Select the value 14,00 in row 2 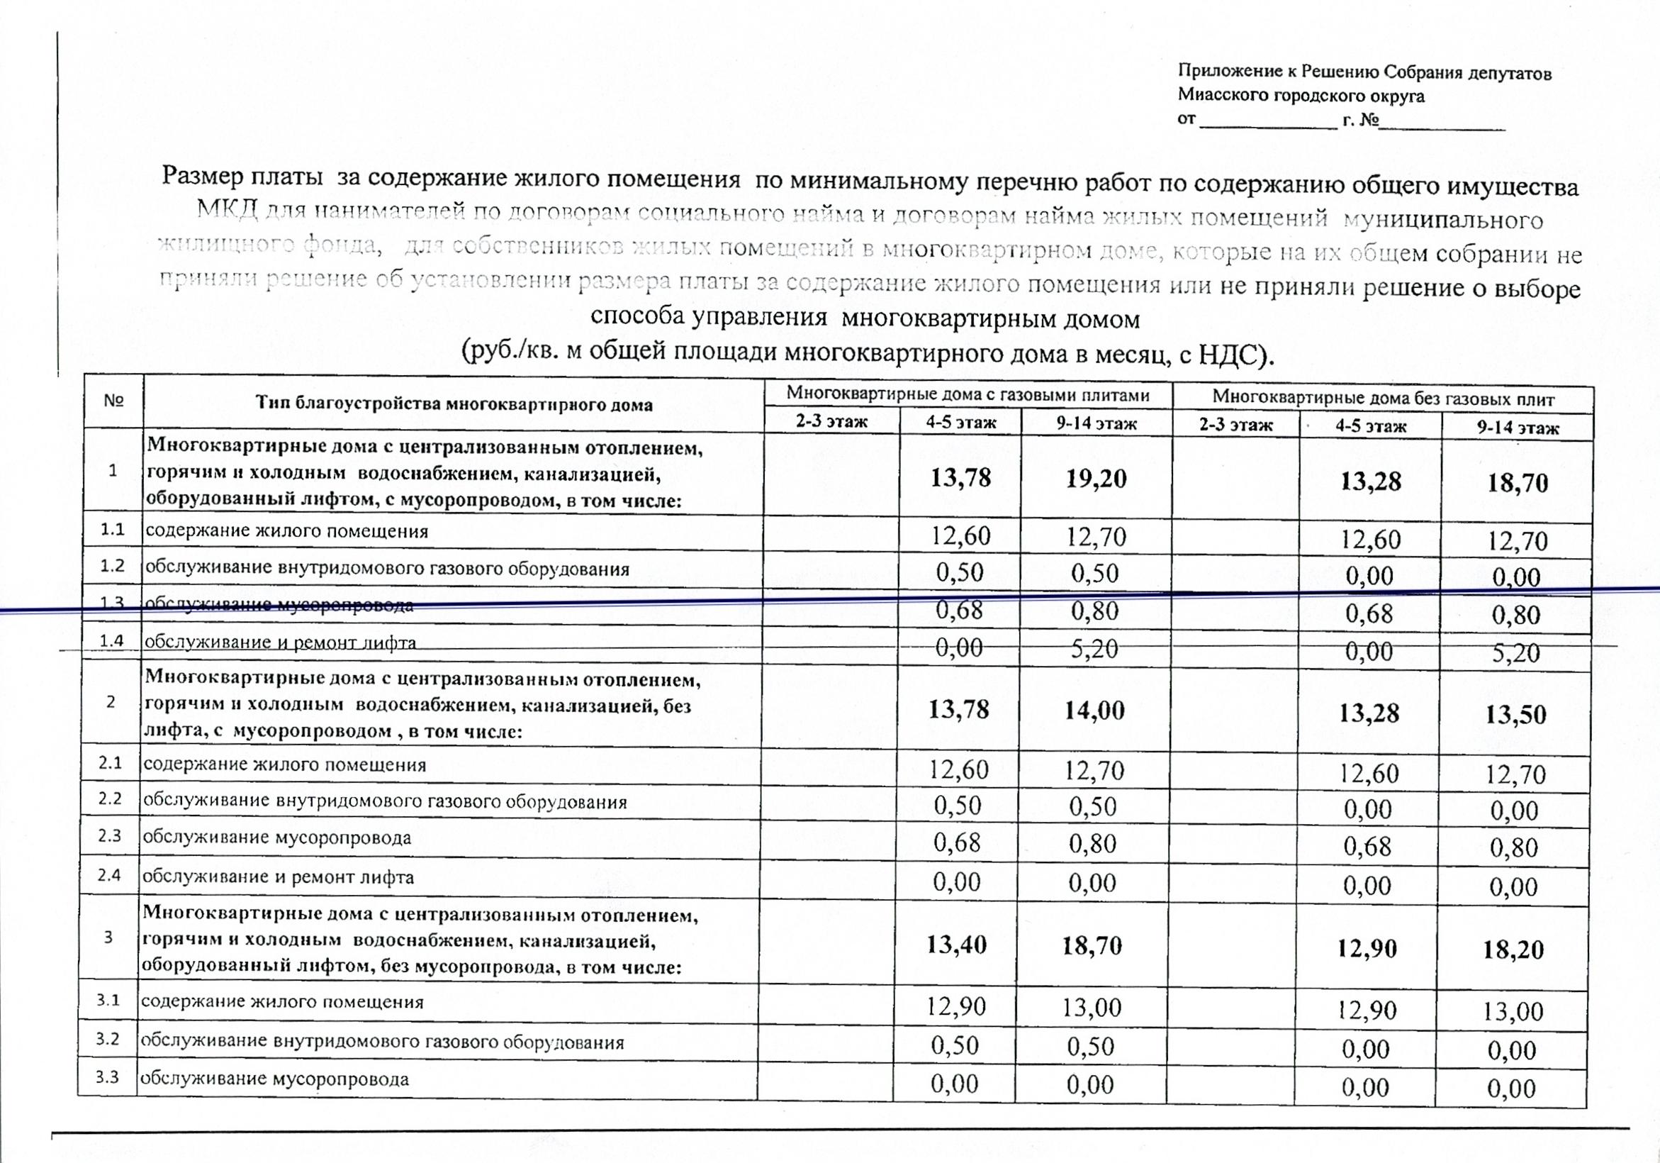(x=1094, y=711)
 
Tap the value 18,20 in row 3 (x=1513, y=950)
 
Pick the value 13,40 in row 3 (x=957, y=945)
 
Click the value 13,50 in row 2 (x=1516, y=715)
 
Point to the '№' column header (x=113, y=400)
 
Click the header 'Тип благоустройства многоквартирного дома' (x=454, y=404)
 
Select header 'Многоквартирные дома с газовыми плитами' (x=968, y=394)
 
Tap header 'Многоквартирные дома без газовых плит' (x=1383, y=398)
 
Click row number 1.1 (x=112, y=530)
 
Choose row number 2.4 (x=109, y=875)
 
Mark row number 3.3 (x=107, y=1077)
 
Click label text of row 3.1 (x=282, y=1002)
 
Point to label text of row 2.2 (x=385, y=801)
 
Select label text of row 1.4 (x=281, y=642)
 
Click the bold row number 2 (x=111, y=701)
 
